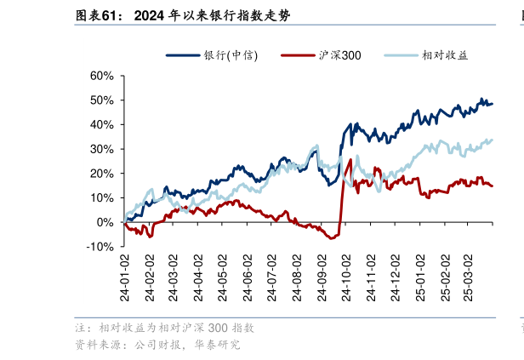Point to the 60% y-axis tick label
click(x=101, y=76)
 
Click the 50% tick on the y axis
click(x=101, y=100)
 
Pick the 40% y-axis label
click(x=101, y=124)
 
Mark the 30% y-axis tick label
click(x=101, y=149)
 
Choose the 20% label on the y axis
click(x=101, y=174)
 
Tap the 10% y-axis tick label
click(x=101, y=197)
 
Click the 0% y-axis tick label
click(x=105, y=222)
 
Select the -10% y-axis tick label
click(x=100, y=247)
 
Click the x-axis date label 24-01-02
click(x=124, y=277)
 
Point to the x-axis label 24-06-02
click(x=248, y=277)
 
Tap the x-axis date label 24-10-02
click(x=346, y=277)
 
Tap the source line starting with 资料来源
click(x=157, y=346)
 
